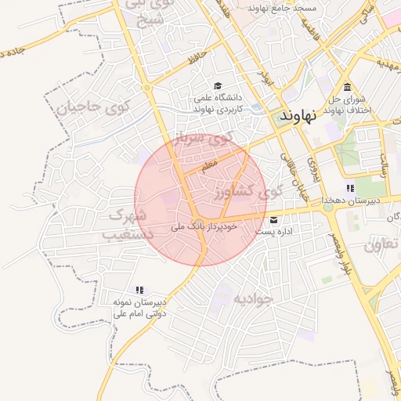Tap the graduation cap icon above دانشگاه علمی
pos(217,86)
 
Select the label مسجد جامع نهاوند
pos(280,7)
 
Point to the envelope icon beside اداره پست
pos(273,219)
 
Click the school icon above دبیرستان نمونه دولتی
pos(139,290)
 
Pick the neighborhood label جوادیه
pos(251,299)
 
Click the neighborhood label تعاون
pos(381,245)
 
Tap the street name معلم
pos(208,166)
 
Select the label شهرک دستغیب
pos(128,223)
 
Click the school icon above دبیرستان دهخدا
pos(349,188)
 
